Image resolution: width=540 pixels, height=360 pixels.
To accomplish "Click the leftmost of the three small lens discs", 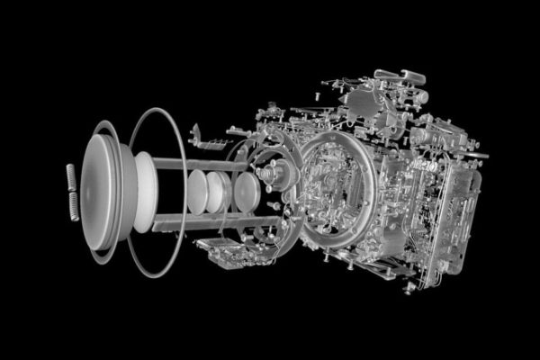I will point(197,192).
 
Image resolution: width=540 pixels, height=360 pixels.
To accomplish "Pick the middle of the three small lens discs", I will point(217,191).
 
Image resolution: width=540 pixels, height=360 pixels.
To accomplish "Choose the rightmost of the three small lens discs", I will point(245,191).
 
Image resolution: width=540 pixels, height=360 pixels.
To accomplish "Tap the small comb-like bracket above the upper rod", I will point(206,142).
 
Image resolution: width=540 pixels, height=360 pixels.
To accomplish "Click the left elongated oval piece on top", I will point(384,74).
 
